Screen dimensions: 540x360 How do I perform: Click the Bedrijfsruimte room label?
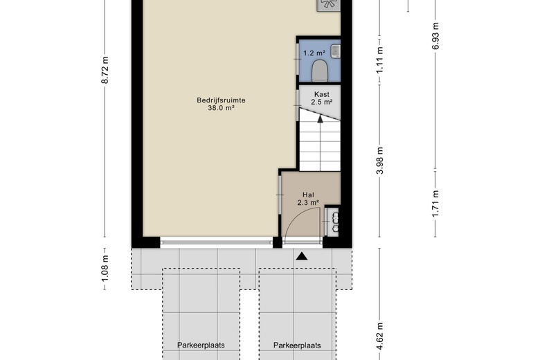click(221, 100)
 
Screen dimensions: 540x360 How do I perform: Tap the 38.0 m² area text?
click(221, 108)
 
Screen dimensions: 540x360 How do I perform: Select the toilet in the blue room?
click(319, 71)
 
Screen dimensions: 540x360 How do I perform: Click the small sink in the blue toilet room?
click(336, 51)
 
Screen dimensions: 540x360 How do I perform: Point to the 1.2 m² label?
click(314, 53)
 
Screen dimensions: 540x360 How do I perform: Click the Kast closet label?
click(322, 94)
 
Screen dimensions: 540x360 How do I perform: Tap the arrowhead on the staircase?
click(320, 119)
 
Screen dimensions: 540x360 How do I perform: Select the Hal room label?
click(308, 195)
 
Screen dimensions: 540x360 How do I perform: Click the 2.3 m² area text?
click(308, 203)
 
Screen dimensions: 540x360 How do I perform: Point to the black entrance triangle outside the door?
click(302, 256)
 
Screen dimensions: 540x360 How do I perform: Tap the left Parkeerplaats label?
click(201, 345)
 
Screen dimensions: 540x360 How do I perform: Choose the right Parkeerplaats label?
click(297, 345)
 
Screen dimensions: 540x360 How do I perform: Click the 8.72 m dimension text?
click(105, 70)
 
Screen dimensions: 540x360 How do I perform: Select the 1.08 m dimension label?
click(105, 268)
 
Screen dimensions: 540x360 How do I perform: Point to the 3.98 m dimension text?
click(380, 161)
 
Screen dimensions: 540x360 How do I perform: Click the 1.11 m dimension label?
click(380, 60)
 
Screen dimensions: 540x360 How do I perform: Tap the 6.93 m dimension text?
click(435, 36)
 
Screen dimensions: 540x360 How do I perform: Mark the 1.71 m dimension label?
click(435, 204)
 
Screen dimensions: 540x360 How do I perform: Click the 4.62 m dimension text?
click(380, 336)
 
